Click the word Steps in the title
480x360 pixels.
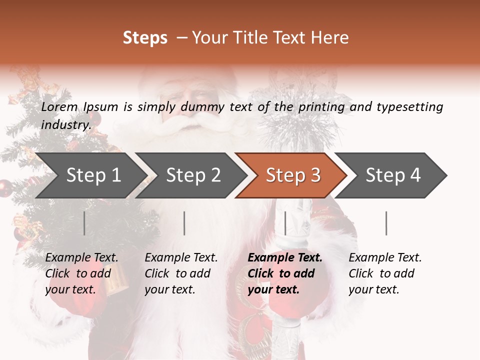pyautogui.click(x=145, y=38)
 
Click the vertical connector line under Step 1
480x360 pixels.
pyautogui.click(x=84, y=223)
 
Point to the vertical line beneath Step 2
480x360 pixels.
pyautogui.click(x=184, y=223)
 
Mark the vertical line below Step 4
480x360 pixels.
pyautogui.click(x=386, y=223)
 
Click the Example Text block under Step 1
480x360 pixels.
pyautogui.click(x=81, y=273)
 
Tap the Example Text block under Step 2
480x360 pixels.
pyautogui.click(x=181, y=273)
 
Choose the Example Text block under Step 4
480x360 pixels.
pyautogui.click(x=385, y=273)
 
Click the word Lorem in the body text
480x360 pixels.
pyautogui.click(x=59, y=107)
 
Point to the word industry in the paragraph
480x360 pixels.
pyautogui.click(x=65, y=125)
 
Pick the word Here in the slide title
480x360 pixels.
pyautogui.click(x=330, y=38)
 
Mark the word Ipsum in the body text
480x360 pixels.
pyautogui.click(x=101, y=107)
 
